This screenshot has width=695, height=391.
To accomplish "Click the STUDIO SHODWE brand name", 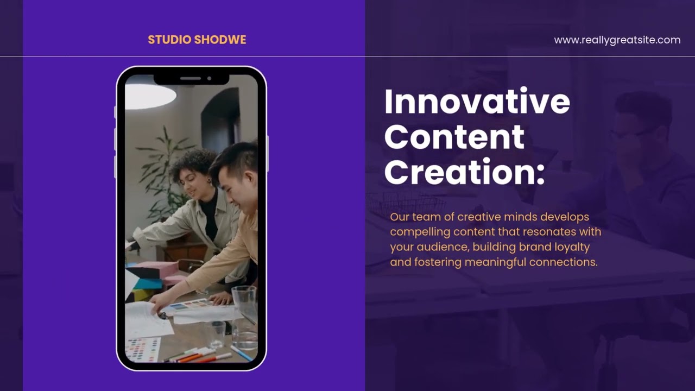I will click(x=197, y=40).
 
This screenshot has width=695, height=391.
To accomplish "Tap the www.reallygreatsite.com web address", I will click(x=617, y=40).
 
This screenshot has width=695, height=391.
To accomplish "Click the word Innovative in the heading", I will click(x=477, y=102).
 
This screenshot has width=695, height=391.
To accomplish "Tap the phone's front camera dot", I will click(x=209, y=79).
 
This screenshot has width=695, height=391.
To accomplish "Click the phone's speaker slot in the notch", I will click(x=190, y=79).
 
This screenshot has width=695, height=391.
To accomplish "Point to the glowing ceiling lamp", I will click(x=150, y=96).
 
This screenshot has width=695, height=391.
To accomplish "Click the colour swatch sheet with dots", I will click(x=142, y=349).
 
